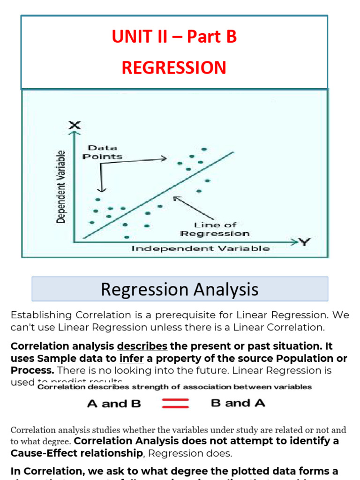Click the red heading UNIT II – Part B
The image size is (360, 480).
[x=174, y=37]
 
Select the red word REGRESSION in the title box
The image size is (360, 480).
[x=174, y=68]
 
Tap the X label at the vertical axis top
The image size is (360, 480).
[x=75, y=125]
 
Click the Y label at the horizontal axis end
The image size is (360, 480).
[x=305, y=242]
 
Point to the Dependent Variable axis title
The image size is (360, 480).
[x=60, y=187]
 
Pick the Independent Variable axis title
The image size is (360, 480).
[x=200, y=248]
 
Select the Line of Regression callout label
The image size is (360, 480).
[x=215, y=229]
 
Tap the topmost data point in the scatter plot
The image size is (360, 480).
[x=204, y=149]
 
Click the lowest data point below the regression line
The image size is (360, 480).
[x=127, y=237]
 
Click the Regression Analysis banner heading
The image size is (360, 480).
[x=180, y=289]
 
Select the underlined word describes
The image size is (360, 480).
[x=142, y=346]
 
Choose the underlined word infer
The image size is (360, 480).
[x=131, y=359]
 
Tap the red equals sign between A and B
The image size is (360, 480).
[x=175, y=403]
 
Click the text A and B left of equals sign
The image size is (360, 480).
[x=114, y=404]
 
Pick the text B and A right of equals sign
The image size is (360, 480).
[x=238, y=403]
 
